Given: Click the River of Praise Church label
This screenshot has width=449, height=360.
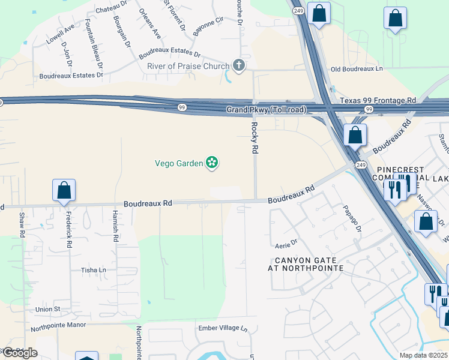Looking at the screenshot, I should [x=188, y=66].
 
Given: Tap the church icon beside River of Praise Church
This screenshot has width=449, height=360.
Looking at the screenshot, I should [x=239, y=66].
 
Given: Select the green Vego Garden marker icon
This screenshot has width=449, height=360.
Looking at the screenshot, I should [x=211, y=163].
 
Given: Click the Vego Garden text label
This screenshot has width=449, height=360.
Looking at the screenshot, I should [x=179, y=163].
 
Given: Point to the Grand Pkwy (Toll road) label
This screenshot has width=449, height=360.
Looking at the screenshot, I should [x=266, y=110].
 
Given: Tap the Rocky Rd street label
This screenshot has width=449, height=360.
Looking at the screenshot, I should [x=254, y=138].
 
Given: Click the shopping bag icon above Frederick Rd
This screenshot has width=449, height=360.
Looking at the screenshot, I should [x=64, y=191].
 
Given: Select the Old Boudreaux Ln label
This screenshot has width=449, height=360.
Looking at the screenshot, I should [x=357, y=69].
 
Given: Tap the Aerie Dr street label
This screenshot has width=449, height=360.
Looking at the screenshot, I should [x=286, y=242].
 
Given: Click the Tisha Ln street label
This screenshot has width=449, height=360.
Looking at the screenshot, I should [x=93, y=271].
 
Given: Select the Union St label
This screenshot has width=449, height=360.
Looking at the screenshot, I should [x=48, y=309].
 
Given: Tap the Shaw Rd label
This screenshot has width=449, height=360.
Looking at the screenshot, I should [x=22, y=223].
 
